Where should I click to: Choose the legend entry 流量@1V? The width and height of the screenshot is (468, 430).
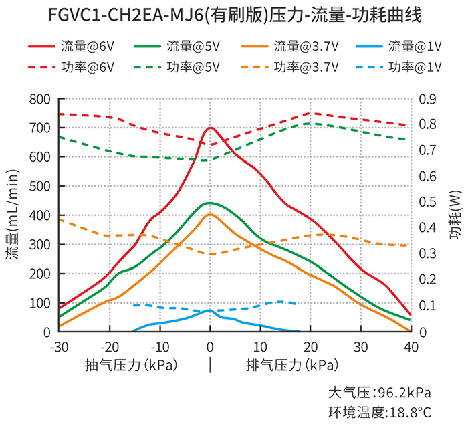coord(415,47)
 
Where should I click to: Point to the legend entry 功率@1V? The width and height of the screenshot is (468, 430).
coord(415,67)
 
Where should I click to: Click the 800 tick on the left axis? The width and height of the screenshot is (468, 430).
coord(40,99)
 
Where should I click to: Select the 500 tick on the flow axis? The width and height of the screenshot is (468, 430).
coord(40,187)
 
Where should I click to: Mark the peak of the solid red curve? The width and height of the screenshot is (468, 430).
coord(210,127)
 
